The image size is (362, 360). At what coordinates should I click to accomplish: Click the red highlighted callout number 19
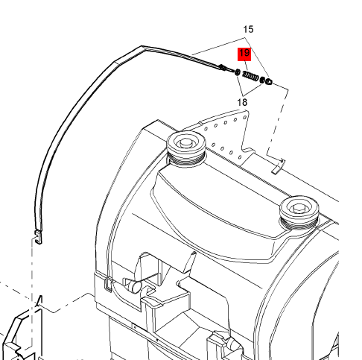click(x=244, y=54)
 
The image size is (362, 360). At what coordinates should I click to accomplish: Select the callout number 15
click(x=248, y=29)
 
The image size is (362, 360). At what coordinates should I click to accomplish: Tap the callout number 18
click(x=242, y=102)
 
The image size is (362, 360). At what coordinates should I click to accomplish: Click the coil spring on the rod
click(x=250, y=76)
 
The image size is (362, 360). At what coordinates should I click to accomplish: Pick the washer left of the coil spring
click(x=238, y=72)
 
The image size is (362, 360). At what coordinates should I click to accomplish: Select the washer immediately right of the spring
click(x=261, y=80)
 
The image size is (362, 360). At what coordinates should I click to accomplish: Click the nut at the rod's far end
click(x=268, y=81)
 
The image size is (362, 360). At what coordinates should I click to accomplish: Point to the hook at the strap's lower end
click(x=38, y=237)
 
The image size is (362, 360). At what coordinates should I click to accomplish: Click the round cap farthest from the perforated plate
click(x=299, y=211)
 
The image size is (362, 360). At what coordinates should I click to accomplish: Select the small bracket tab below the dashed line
click(x=278, y=167)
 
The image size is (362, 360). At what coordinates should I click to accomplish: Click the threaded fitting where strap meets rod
click(x=223, y=67)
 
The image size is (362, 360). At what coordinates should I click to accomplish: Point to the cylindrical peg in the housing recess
click(x=134, y=285)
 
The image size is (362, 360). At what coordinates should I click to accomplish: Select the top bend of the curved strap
click(x=142, y=48)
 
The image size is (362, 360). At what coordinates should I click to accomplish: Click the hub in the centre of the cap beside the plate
click(x=185, y=143)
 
